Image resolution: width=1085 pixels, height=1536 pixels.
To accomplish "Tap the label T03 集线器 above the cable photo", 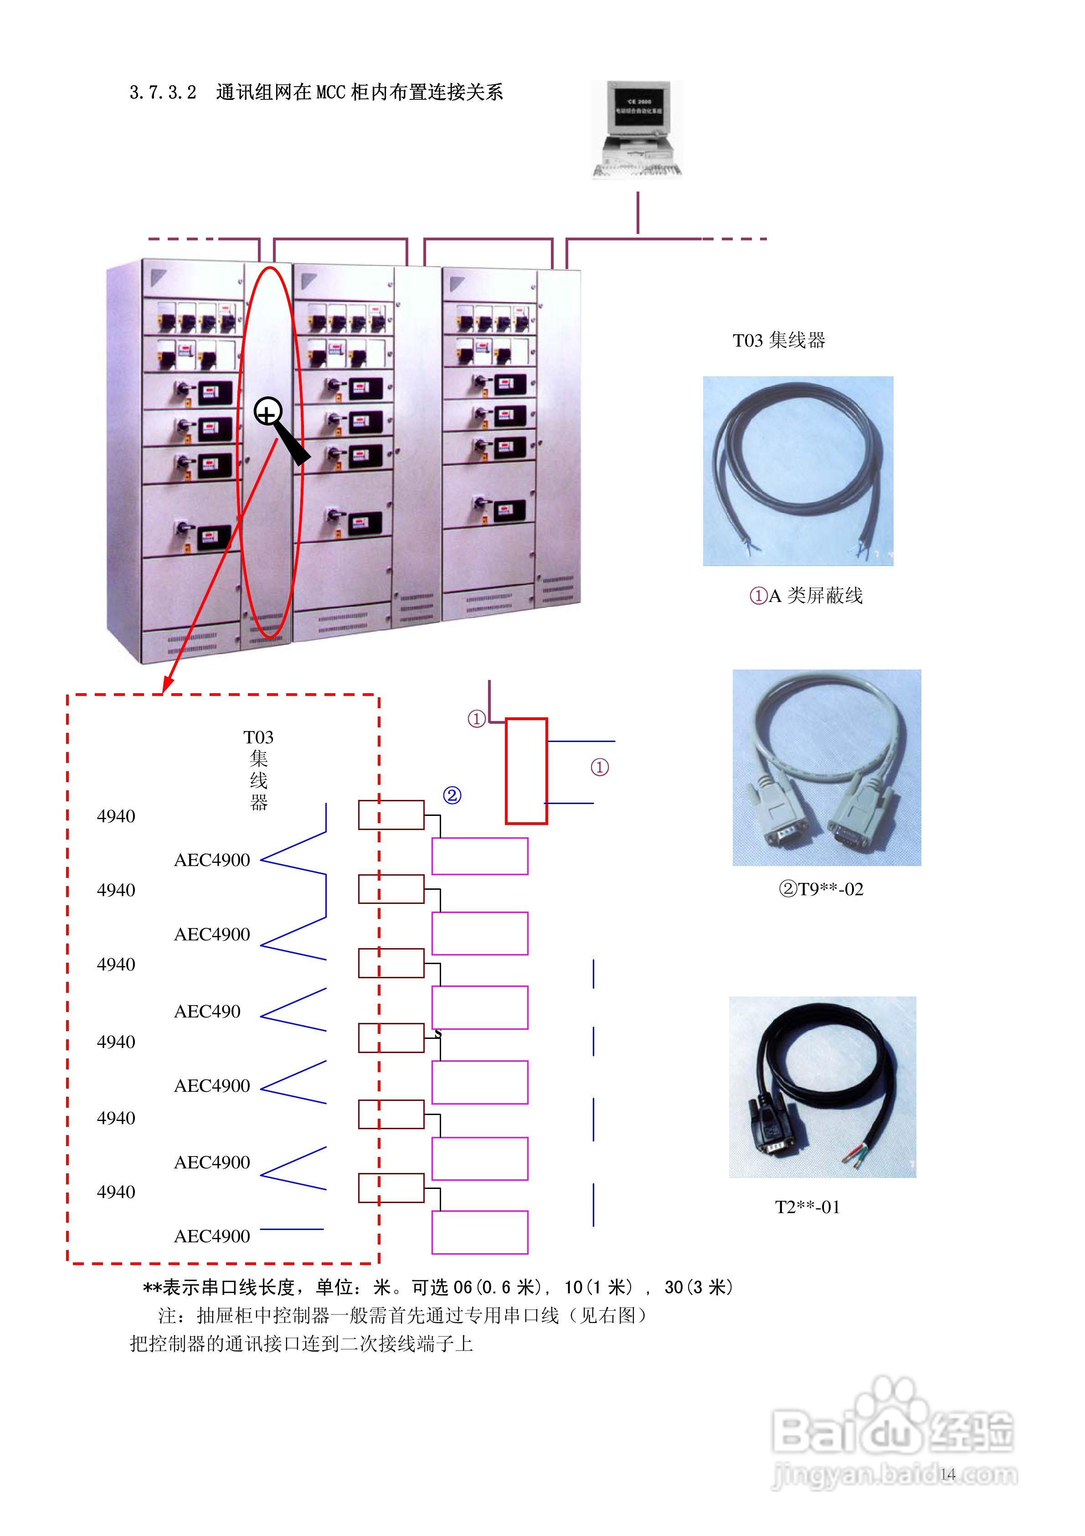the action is pyautogui.click(x=779, y=341).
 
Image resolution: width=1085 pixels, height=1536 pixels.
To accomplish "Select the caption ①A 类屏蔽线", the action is pyautogui.click(x=806, y=596).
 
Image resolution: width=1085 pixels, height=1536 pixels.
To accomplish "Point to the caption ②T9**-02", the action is pyautogui.click(x=821, y=889).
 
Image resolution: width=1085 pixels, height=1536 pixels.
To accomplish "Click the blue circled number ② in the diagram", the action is pyautogui.click(x=452, y=795).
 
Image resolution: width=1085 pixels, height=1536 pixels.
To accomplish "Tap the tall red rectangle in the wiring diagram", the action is pyautogui.click(x=526, y=771).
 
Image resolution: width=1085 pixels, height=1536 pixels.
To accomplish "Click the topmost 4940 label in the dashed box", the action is pyautogui.click(x=116, y=816).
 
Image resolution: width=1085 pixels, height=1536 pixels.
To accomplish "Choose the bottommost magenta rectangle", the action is pyautogui.click(x=479, y=1232).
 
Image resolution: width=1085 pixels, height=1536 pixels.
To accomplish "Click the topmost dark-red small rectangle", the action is pyautogui.click(x=391, y=815).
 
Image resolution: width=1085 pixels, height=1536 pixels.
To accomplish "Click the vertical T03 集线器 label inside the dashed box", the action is pyautogui.click(x=259, y=769).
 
